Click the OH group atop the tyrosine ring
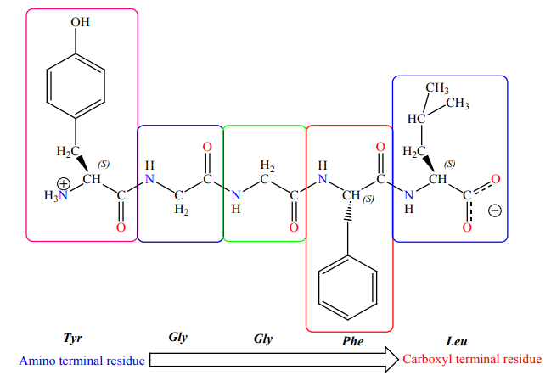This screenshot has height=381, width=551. pyautogui.click(x=80, y=22)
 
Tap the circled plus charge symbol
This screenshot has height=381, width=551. pyautogui.click(x=64, y=183)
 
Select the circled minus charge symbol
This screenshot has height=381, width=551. pyautogui.click(x=495, y=210)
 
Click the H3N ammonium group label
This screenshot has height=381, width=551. pyautogui.click(x=56, y=195)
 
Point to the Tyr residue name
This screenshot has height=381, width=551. pyautogui.click(x=73, y=338)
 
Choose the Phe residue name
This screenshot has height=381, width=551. pyautogui.click(x=353, y=341)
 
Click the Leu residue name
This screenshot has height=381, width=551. pyautogui.click(x=457, y=341)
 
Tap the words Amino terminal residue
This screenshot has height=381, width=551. pyautogui.click(x=82, y=361)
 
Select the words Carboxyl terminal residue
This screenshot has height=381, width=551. pyautogui.click(x=472, y=359)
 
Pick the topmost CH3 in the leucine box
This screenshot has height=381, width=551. pyautogui.click(x=437, y=87)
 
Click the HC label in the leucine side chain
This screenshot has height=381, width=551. pyautogui.click(x=416, y=119)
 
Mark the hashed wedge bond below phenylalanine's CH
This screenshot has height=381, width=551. pyautogui.click(x=348, y=211)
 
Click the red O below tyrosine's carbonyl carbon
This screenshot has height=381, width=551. pyautogui.click(x=121, y=227)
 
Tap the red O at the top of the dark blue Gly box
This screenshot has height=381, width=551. pyautogui.click(x=207, y=147)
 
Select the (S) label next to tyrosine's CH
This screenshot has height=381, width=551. pyautogui.click(x=104, y=164)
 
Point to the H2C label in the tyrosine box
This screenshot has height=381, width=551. pyautogui.click(x=68, y=151)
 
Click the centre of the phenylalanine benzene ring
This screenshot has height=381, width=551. pyautogui.click(x=348, y=288)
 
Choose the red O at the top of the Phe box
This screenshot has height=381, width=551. pyautogui.click(x=380, y=147)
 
